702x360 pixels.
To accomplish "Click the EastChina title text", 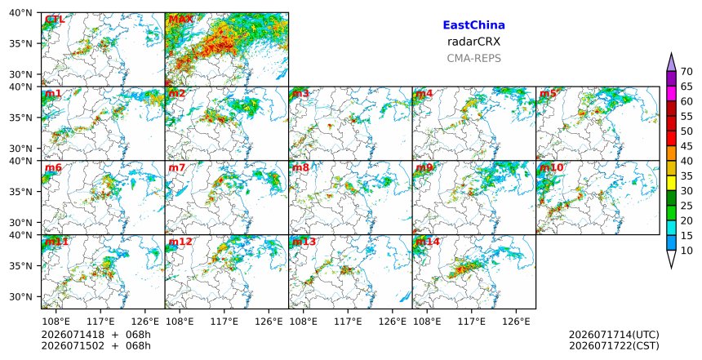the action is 473,25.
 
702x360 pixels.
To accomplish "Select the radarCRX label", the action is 473,42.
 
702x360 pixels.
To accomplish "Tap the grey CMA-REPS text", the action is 473,58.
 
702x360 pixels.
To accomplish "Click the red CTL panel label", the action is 55,20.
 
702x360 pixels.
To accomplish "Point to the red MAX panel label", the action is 180,20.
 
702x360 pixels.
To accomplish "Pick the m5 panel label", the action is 548,94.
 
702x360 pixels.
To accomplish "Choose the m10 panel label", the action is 552,168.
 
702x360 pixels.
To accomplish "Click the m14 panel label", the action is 428,242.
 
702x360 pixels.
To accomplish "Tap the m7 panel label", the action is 177,168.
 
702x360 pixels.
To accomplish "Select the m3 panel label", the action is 300,94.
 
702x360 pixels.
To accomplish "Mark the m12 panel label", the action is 180,242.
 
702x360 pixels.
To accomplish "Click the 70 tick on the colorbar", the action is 686,72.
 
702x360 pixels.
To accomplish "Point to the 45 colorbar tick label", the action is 686,146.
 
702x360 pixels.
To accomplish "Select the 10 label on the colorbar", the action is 686,251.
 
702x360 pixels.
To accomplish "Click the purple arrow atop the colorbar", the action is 671,63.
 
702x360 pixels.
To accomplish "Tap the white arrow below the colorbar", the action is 671,258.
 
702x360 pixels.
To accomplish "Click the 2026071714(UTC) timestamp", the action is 614,335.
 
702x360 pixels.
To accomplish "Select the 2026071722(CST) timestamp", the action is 614,345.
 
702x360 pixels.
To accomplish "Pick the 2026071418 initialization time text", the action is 73,335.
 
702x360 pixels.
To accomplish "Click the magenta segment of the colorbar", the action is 671,94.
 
